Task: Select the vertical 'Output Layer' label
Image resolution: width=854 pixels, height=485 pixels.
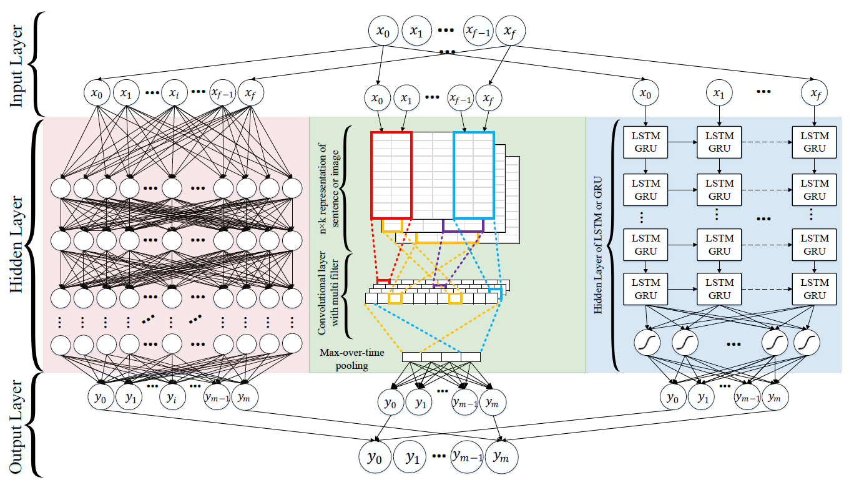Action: [x=17, y=425]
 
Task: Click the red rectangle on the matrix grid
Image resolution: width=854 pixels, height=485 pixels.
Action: [x=391, y=175]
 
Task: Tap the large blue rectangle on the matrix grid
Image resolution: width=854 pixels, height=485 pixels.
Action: [x=474, y=175]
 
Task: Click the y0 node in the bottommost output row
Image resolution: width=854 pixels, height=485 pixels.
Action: [x=374, y=457]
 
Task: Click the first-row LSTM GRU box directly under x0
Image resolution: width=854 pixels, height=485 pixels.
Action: [x=646, y=142]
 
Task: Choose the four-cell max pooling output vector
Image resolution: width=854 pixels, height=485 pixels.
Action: [x=441, y=357]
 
